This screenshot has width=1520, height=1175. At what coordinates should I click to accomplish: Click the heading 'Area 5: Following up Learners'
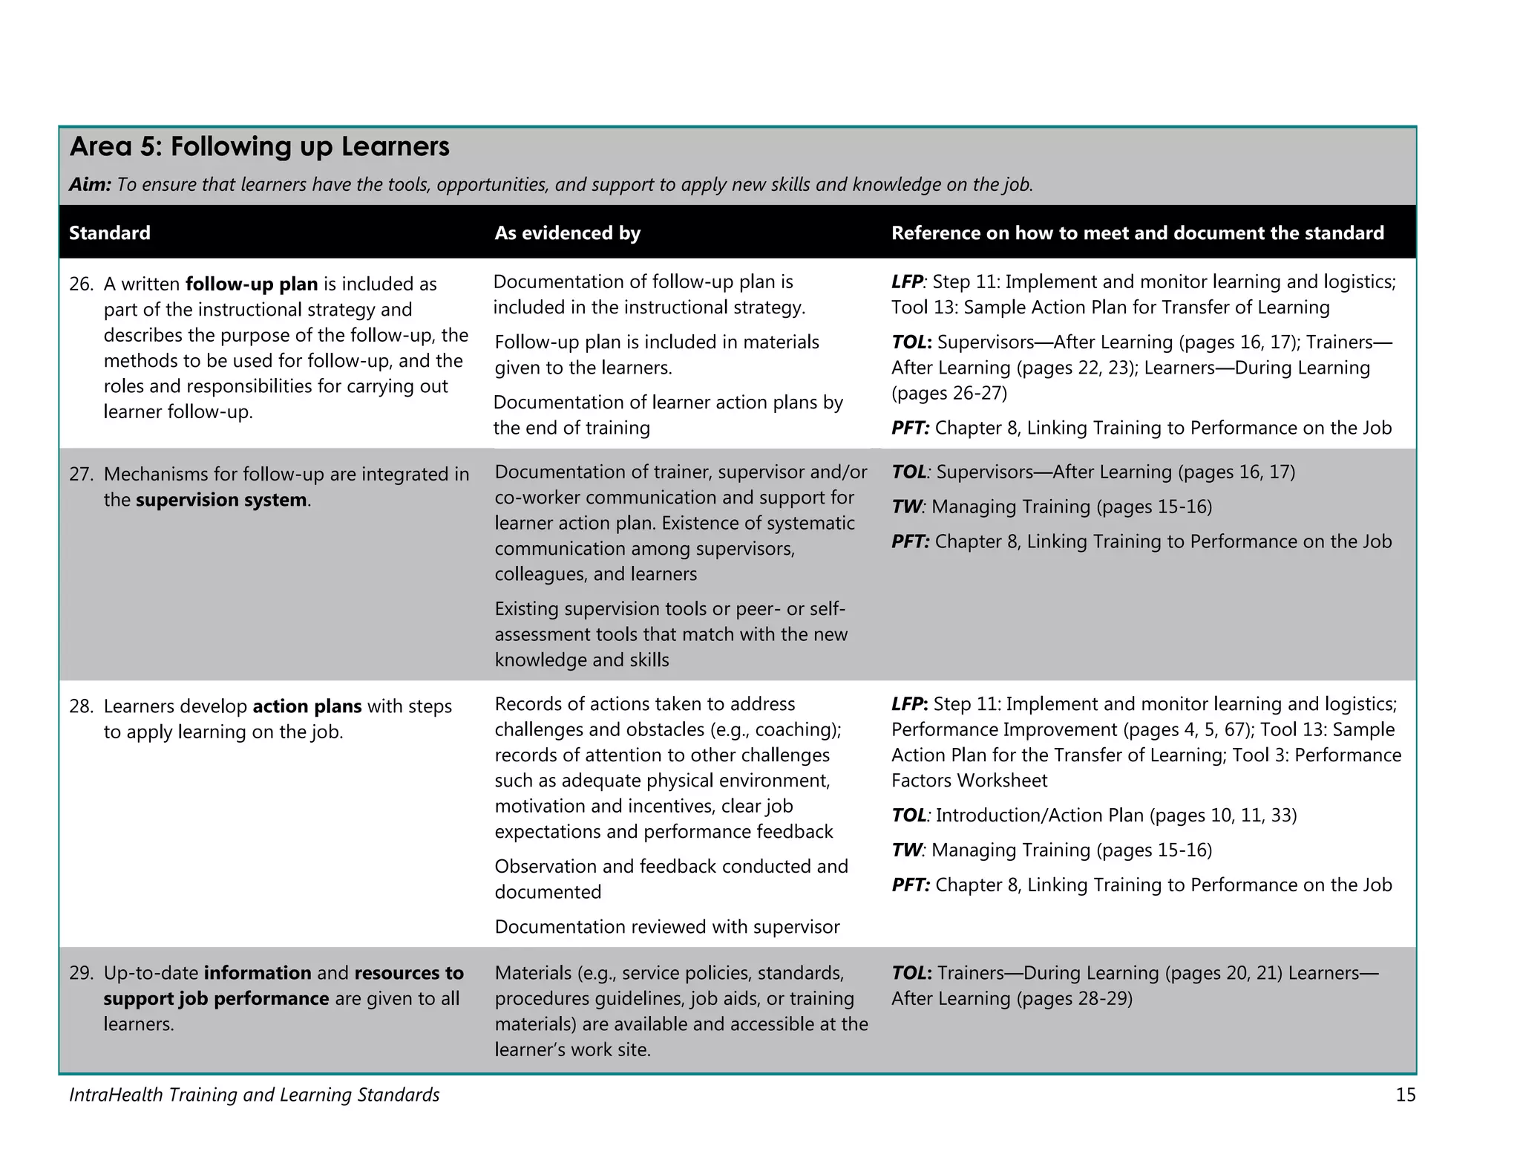coord(259,147)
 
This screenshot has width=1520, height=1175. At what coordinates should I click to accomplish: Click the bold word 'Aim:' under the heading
coord(90,185)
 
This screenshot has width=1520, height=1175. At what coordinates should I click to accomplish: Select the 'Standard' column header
coord(109,233)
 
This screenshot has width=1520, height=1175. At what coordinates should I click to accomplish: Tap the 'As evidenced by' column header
coord(567,233)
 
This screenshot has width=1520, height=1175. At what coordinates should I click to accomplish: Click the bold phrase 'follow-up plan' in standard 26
coord(252,284)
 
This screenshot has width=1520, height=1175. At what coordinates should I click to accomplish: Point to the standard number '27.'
coord(81,474)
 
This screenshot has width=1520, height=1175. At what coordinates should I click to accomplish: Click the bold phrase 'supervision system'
coord(221,500)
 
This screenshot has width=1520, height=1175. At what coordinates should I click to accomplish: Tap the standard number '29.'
coord(81,973)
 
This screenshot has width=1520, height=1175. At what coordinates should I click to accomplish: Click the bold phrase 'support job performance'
coord(216,999)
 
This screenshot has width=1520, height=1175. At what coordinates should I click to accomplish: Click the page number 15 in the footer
coord(1405,1095)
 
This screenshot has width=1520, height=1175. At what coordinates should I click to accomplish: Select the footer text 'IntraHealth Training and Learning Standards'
coord(254,1095)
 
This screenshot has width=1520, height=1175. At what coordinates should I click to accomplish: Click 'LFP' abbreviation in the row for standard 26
coord(906,282)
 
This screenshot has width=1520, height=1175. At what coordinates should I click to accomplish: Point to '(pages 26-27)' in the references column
coord(949,393)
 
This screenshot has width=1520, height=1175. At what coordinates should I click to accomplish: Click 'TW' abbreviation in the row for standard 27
coord(905,507)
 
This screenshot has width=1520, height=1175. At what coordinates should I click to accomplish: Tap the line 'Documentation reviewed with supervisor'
coord(666,927)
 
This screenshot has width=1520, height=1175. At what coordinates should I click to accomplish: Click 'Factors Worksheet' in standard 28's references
coord(969,781)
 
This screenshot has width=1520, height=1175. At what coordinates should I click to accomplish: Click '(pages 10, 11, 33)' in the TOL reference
coord(1222,816)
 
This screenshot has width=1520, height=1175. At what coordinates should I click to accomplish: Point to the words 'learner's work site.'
coord(572,1050)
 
